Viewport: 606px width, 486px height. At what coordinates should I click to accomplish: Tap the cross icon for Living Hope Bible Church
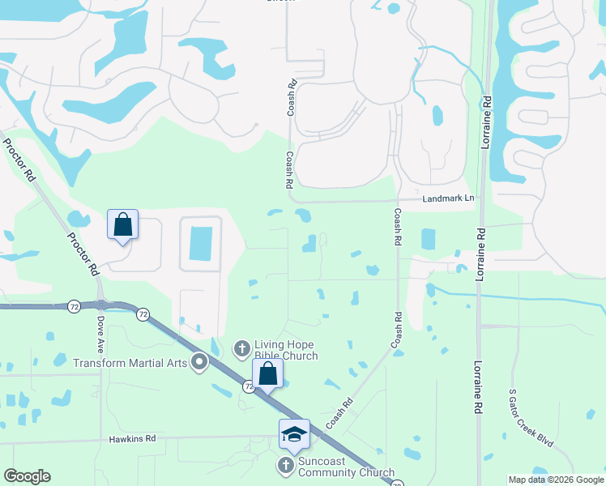click(241, 349)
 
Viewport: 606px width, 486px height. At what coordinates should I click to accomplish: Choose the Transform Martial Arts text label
click(130, 362)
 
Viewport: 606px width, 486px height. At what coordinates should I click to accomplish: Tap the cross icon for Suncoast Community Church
click(285, 466)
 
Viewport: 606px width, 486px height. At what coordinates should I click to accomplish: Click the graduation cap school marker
click(294, 434)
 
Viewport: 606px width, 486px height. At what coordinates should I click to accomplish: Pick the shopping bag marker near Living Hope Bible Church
click(267, 375)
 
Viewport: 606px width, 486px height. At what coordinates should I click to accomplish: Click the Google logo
click(27, 476)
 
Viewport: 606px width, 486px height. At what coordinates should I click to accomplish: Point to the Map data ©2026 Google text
click(555, 480)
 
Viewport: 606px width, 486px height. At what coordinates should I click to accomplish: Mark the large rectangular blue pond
click(200, 244)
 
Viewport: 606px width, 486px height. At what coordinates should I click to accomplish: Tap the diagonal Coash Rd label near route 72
click(339, 413)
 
